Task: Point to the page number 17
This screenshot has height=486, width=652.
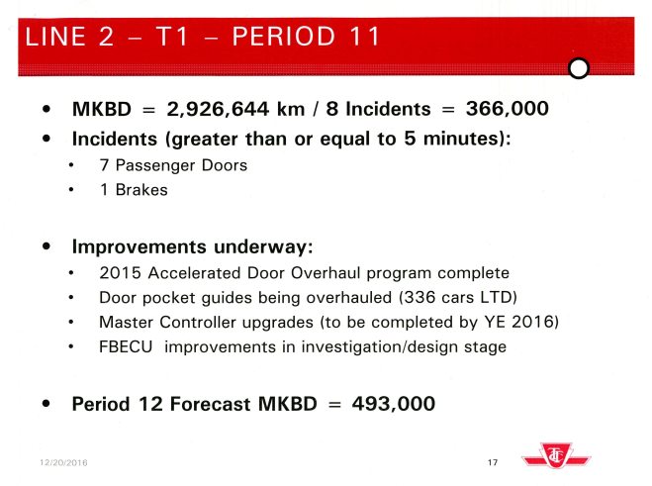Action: pos(493,462)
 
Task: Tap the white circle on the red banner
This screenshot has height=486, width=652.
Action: pos(580,67)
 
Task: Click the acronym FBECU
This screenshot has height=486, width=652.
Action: pos(126,346)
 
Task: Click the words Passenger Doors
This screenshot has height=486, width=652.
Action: pos(180,165)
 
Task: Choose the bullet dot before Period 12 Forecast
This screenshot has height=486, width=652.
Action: pos(47,405)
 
